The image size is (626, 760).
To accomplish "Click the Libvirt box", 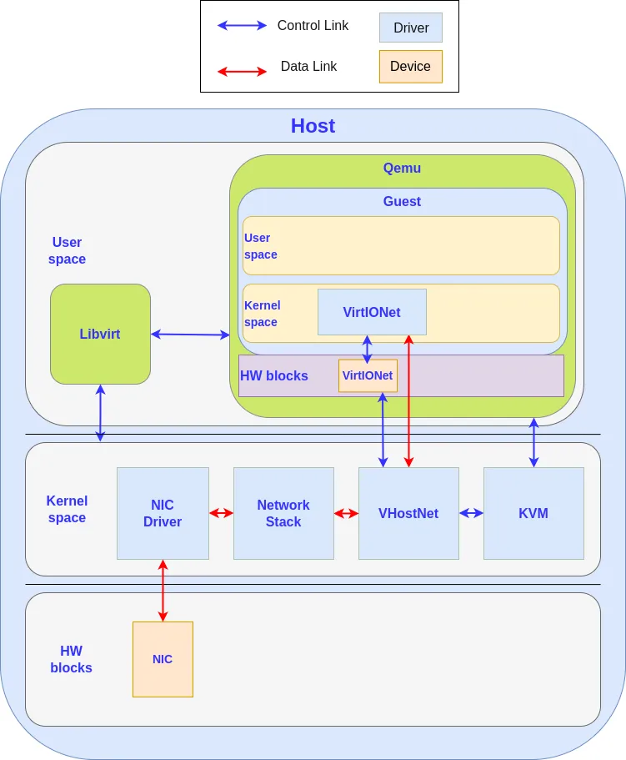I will click(x=100, y=334).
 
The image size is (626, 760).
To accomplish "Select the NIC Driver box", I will click(x=163, y=513).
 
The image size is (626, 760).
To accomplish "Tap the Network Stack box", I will click(x=283, y=513).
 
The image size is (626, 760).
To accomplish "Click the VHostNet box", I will click(x=408, y=513).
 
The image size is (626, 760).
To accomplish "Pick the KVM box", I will click(x=533, y=513).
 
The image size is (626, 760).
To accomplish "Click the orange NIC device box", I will click(x=163, y=659).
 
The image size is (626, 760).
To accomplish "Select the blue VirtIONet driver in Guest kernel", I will click(x=372, y=312).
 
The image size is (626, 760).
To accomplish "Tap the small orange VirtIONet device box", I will click(x=368, y=375).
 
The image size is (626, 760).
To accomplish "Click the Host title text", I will click(x=313, y=126).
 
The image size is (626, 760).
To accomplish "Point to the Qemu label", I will click(x=402, y=168).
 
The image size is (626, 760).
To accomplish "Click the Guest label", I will click(x=402, y=201).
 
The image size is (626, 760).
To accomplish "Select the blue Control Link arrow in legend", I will click(x=242, y=26).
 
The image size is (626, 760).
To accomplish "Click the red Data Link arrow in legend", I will click(x=242, y=72).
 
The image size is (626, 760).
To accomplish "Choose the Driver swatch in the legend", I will click(x=411, y=28).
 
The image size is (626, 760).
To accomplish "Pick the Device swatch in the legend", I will click(x=411, y=67).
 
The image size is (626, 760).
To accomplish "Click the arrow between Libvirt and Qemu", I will click(x=190, y=335).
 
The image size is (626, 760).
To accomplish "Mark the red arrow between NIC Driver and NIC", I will click(x=163, y=591).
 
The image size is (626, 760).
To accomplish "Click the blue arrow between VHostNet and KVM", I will click(x=471, y=513).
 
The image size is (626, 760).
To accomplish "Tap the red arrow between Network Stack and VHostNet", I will click(x=346, y=513).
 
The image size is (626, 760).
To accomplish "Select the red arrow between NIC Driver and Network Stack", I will click(x=221, y=513).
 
